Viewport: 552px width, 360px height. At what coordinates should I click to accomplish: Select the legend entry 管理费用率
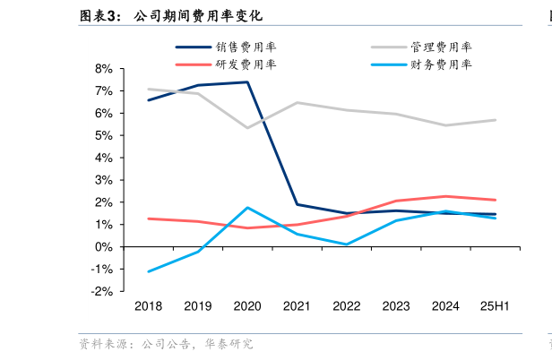[x=442, y=47]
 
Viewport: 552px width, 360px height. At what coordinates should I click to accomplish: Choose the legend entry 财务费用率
[x=442, y=64]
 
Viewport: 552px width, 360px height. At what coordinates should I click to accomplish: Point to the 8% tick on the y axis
[x=103, y=69]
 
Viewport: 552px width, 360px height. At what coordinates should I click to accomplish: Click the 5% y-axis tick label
[x=103, y=135]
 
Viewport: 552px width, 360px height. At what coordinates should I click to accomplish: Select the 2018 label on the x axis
[x=149, y=306]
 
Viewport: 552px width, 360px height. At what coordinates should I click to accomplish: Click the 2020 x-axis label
[x=247, y=306]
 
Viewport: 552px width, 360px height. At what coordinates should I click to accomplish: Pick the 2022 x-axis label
[x=346, y=306]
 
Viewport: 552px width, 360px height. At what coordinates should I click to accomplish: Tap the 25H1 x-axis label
[x=495, y=306]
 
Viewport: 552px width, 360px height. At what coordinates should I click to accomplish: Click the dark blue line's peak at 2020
[x=247, y=82]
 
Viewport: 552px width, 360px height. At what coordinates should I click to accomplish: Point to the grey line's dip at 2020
[x=247, y=128]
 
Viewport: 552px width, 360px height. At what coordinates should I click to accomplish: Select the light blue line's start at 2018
[x=149, y=271]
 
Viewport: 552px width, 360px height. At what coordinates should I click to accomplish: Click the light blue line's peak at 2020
[x=247, y=208]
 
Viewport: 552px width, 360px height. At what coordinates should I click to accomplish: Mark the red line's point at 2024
[x=445, y=196]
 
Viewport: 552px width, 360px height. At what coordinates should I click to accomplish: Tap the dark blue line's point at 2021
[x=297, y=204]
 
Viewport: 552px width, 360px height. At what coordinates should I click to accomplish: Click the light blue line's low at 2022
[x=346, y=244]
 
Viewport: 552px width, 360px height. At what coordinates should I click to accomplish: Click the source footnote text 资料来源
[x=98, y=343]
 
